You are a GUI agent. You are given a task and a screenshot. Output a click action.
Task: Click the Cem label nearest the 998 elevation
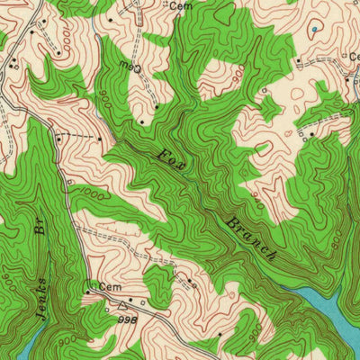coord(110,287)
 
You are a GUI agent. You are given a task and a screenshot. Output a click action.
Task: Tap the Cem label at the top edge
coord(181,4)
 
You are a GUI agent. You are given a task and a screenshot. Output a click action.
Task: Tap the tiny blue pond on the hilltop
coord(313,30)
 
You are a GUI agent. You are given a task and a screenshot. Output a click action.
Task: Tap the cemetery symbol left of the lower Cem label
coord(89,288)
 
